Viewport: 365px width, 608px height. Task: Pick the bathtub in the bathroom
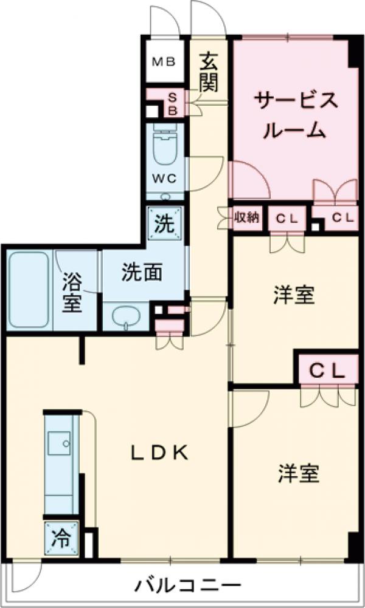tap(29, 291)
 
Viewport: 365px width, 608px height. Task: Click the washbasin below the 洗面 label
tap(128, 316)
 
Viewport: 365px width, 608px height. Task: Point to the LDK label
tap(162, 452)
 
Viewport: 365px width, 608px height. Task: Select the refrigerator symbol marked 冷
tap(61, 538)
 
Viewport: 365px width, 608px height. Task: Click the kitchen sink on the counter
tap(60, 442)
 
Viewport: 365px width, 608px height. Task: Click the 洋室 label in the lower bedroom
tap(299, 474)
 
